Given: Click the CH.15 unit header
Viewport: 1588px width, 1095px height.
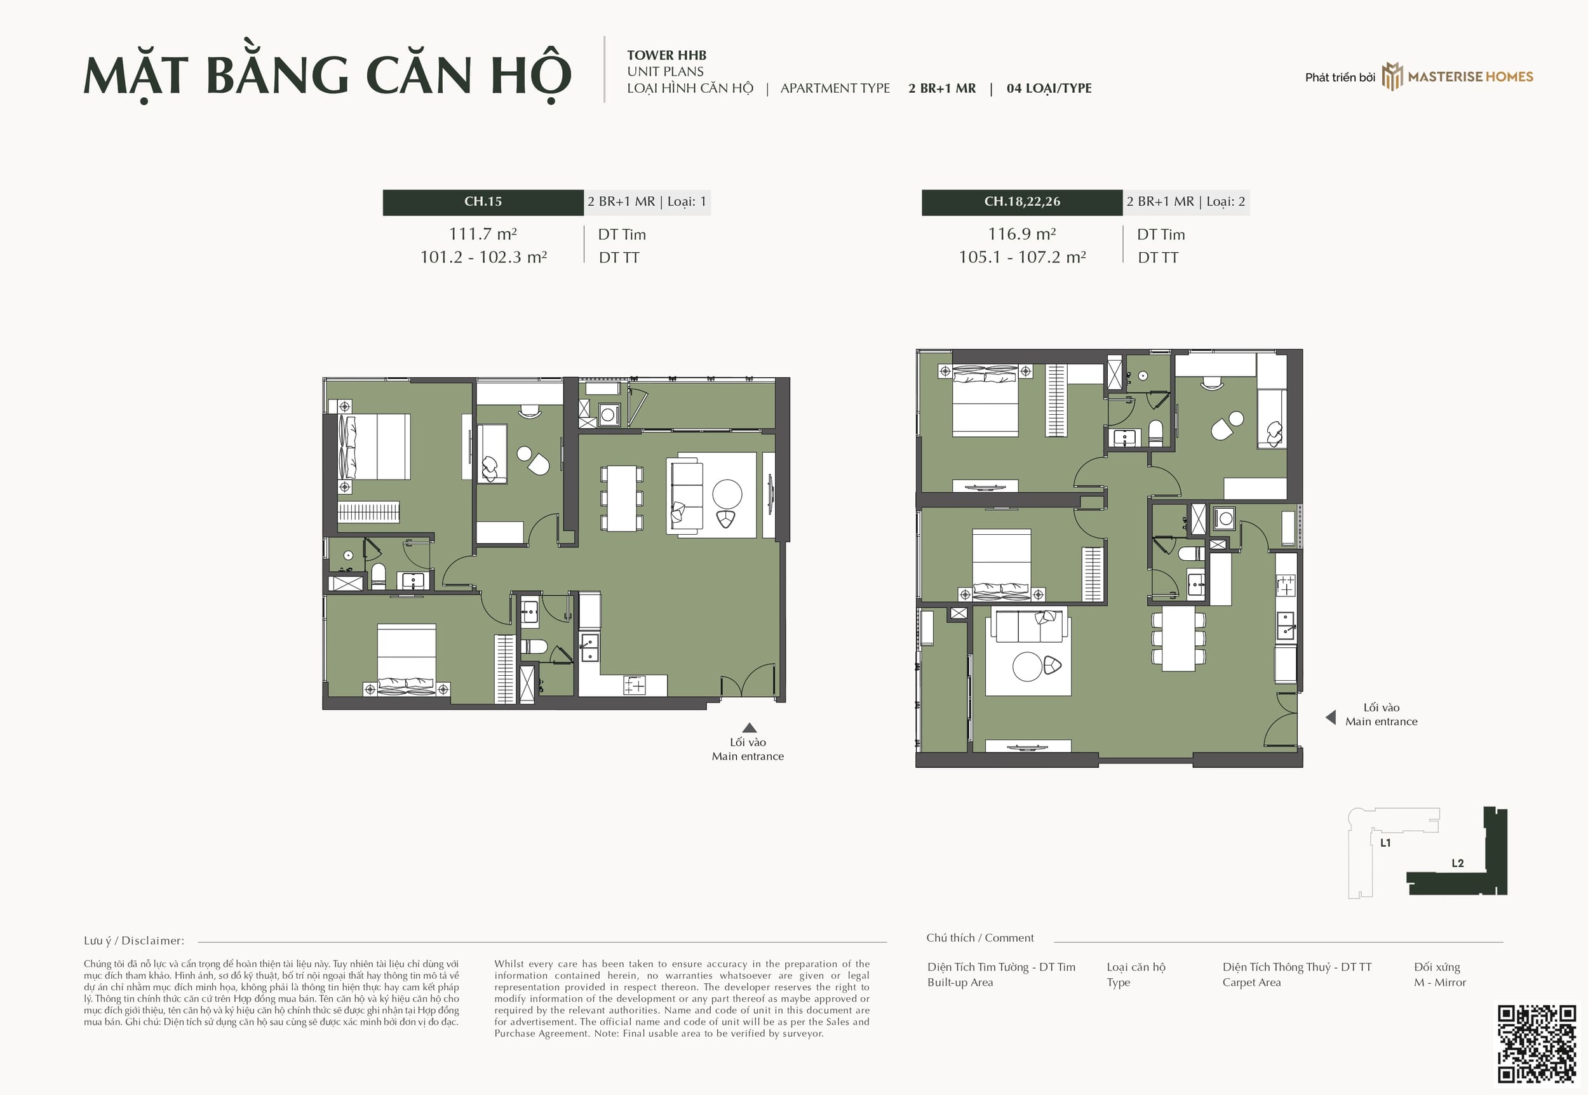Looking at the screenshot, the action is click(483, 202).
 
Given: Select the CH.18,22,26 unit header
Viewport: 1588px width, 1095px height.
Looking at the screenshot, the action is click(1022, 202).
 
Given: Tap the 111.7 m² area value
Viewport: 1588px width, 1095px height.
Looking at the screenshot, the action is click(483, 234).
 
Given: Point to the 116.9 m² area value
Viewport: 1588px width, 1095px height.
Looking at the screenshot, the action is click(1022, 234).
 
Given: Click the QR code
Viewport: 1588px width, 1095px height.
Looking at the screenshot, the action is click(1537, 1044).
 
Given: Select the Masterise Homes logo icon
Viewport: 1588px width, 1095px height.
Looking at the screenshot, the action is click(1391, 76).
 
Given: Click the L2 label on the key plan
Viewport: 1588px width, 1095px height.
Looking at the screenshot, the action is click(1458, 863).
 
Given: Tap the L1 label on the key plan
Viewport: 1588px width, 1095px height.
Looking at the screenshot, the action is click(1385, 842).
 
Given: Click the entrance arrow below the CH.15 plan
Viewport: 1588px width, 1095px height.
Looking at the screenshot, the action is click(749, 728).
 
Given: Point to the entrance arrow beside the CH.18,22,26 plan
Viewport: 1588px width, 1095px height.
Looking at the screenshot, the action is click(1331, 717).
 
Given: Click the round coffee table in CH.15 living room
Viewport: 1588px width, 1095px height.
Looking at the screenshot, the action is click(727, 494).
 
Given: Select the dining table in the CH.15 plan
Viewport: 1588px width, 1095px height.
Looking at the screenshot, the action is click(622, 498).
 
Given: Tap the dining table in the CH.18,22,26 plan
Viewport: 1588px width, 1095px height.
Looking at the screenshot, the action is click(1178, 638).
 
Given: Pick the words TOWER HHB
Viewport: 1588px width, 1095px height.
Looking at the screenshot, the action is click(666, 55).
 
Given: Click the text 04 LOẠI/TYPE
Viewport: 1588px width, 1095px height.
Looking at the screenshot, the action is click(1049, 88).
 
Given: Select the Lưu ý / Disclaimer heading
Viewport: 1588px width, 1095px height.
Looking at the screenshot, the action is click(134, 941).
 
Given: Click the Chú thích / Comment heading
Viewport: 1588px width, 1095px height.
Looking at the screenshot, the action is click(979, 938).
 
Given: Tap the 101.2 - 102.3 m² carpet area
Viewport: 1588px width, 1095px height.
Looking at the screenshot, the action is click(483, 257).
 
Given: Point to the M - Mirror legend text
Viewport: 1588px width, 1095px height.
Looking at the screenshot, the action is click(1440, 983).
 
